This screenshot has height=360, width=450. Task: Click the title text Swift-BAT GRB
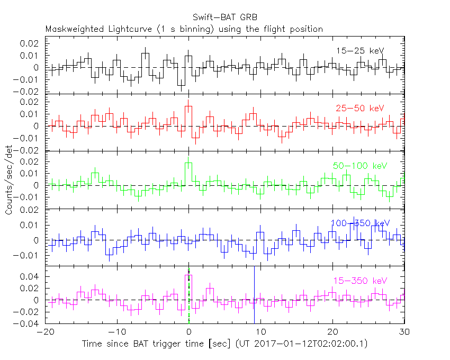click(x=224, y=16)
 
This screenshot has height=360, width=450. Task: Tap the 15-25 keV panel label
click(x=360, y=51)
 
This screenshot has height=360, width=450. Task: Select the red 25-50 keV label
click(x=359, y=108)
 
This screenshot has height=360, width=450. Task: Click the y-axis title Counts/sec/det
click(x=9, y=181)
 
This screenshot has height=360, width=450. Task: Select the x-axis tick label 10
click(x=261, y=331)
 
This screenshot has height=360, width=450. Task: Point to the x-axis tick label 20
click(x=332, y=331)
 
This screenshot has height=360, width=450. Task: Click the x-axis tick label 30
click(x=404, y=331)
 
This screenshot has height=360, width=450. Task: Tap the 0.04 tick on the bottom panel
click(x=32, y=276)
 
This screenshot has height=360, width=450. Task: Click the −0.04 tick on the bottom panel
click(x=31, y=323)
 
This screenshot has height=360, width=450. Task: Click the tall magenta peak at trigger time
click(x=188, y=275)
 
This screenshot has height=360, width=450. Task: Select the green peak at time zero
click(x=188, y=163)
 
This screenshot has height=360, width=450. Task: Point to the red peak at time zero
click(x=188, y=106)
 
